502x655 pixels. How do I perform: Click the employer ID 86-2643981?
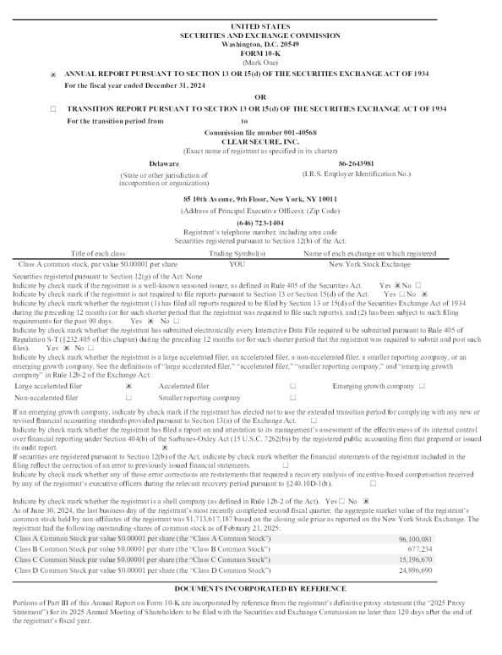357,163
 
